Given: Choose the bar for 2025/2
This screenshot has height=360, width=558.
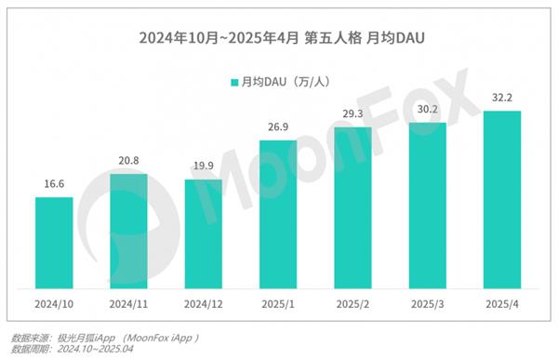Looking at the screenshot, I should [352, 207].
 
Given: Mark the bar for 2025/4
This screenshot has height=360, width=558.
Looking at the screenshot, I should [502, 199].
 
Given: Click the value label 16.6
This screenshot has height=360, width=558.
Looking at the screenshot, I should [54, 185].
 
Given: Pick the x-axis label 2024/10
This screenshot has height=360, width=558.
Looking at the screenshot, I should [54, 304].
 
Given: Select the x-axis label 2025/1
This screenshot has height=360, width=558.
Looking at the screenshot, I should [278, 304].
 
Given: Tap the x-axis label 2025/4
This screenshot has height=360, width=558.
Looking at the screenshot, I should [502, 304].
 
